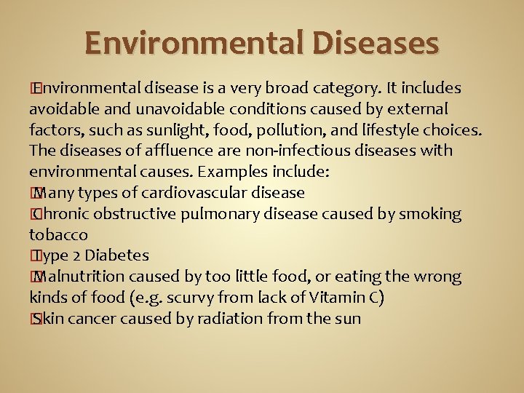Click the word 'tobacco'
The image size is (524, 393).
pos(58,235)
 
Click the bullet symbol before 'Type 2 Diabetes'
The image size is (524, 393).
pos(33,255)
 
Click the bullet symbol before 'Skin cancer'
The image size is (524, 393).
pos(33,319)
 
